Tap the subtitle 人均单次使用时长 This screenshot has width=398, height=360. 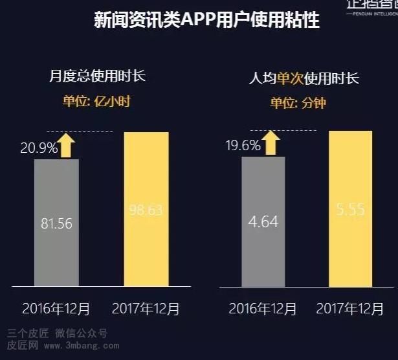[304, 79]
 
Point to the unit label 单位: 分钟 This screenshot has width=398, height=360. [298, 103]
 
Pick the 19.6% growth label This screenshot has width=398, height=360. [243, 145]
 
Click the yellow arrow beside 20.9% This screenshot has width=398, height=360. [65, 144]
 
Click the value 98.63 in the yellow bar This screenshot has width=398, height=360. [146, 210]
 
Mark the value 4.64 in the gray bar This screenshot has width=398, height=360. [263, 221]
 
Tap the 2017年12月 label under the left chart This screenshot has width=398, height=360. [146, 309]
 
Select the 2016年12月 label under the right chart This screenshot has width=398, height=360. [261, 309]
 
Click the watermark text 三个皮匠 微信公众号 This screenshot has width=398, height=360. [57, 334]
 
